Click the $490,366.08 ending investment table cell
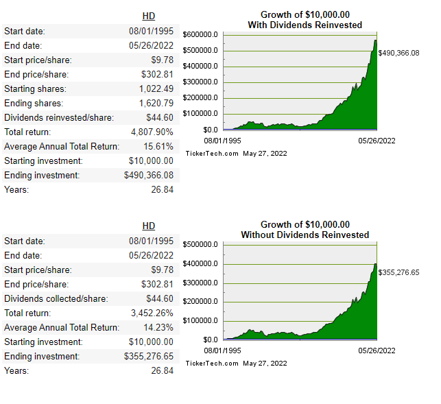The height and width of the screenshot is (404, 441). click(149, 175)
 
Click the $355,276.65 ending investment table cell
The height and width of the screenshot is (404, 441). click(149, 356)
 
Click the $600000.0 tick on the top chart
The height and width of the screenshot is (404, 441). click(201, 34)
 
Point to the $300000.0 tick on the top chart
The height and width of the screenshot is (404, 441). click(201, 82)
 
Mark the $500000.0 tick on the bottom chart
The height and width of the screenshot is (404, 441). click(201, 244)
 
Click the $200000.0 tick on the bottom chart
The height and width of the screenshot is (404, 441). click(201, 302)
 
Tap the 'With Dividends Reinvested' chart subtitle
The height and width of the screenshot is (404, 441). click(305, 25)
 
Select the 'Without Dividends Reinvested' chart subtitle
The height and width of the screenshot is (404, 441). click(305, 235)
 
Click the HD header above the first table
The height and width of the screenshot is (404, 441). click(148, 16)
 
